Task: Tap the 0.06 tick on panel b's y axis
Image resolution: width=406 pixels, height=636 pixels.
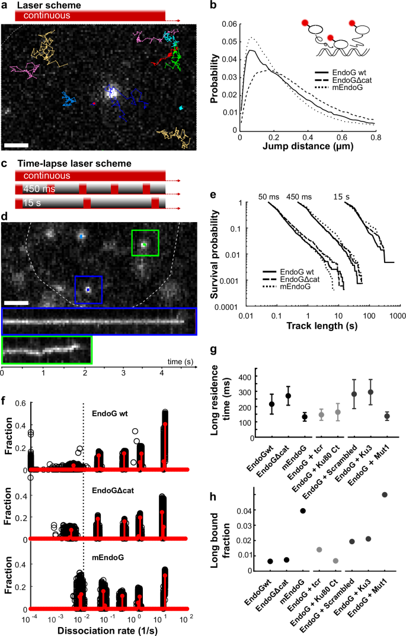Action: [231, 24]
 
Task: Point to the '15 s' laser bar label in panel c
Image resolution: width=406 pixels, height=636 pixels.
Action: [32, 203]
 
